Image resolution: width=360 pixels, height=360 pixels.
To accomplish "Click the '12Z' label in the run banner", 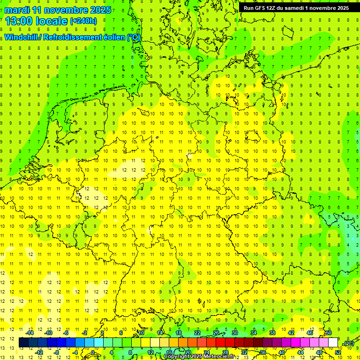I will click(272, 8).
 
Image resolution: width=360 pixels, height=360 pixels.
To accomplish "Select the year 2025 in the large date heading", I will click(100, 10).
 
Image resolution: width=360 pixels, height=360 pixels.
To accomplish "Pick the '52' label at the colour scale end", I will click(337, 352).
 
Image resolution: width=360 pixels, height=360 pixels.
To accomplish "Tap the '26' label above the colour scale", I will click(216, 333).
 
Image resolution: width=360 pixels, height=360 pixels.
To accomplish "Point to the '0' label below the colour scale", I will click(92, 352).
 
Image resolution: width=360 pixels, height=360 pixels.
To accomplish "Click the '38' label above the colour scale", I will click(272, 333).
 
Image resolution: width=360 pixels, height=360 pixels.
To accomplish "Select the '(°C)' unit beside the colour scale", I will click(348, 343).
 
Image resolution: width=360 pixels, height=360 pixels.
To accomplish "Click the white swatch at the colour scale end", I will click(333, 343).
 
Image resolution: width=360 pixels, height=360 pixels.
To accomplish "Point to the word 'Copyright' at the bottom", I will click(178, 357).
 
